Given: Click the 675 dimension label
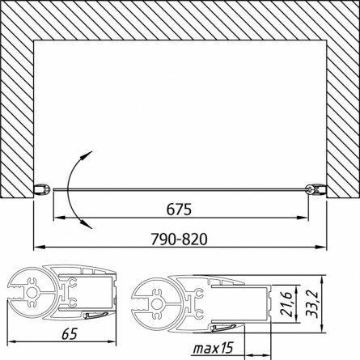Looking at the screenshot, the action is (179, 210).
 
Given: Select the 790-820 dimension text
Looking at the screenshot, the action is (179, 239).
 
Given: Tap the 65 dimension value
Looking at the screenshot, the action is (70, 333).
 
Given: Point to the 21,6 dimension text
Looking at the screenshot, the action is (285, 303).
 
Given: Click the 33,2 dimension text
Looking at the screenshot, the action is (311, 304).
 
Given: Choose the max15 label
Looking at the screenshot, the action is (213, 349).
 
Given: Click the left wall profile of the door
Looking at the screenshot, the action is (42, 188).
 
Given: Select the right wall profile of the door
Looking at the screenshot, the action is (316, 188).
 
